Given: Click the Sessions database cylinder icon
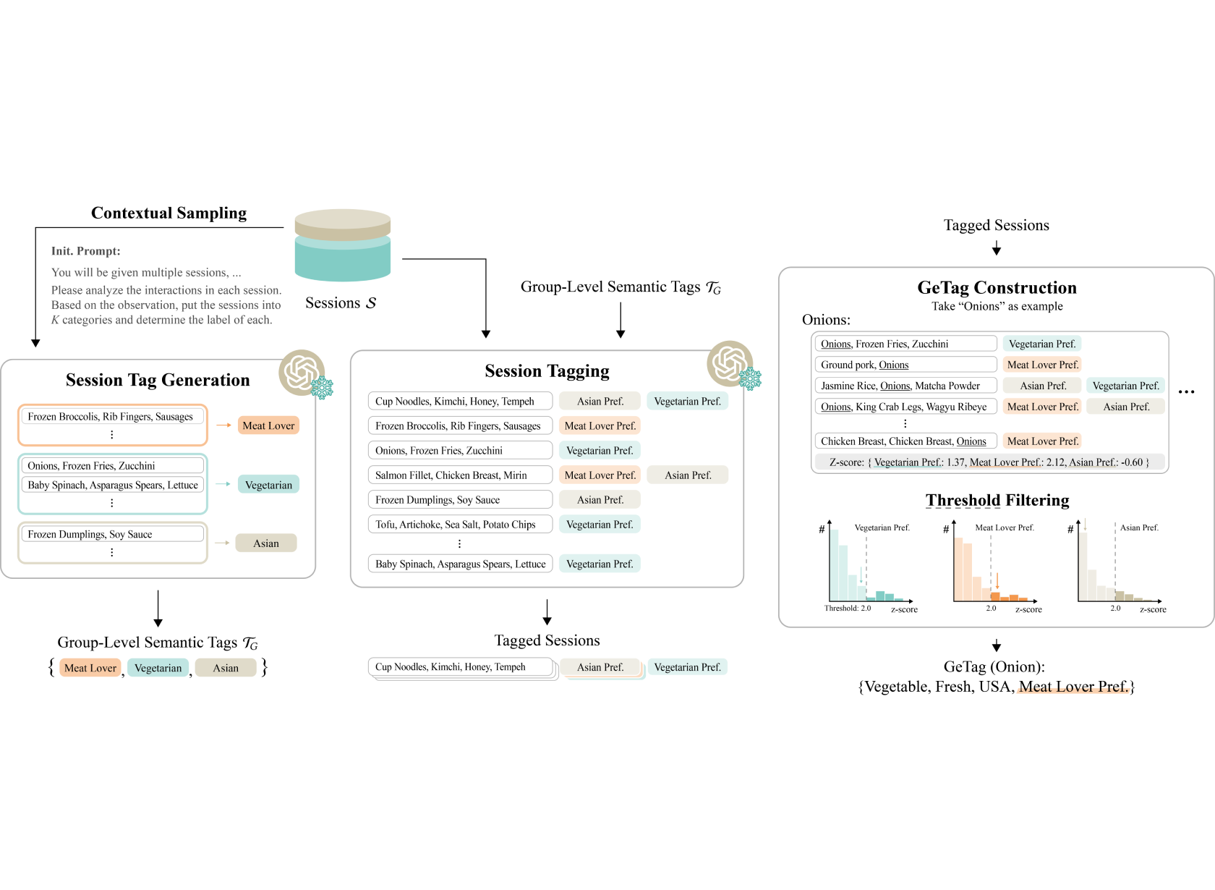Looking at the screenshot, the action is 342,245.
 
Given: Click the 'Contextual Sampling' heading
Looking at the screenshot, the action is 169,213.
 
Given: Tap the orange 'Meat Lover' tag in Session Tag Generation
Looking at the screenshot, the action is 268,425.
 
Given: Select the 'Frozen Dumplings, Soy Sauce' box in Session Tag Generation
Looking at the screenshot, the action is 112,534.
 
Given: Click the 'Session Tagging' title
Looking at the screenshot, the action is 547,370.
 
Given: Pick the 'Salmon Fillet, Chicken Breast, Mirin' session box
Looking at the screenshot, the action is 460,475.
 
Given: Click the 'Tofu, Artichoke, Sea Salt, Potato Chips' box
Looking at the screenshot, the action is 460,524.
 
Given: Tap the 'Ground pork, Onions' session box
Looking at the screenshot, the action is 905,365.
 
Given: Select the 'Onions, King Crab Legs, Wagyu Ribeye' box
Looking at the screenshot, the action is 905,407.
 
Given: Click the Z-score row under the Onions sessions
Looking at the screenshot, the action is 989,462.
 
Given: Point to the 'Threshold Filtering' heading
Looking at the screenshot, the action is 997,500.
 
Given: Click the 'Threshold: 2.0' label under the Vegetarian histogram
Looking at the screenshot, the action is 848,609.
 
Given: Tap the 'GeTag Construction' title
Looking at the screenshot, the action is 997,287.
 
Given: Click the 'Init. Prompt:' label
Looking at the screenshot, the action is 85,250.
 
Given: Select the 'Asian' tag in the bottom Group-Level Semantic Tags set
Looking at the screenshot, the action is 226,667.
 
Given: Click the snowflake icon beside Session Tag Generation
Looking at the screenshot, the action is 322,388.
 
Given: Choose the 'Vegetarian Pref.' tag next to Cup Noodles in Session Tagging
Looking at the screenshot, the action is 687,401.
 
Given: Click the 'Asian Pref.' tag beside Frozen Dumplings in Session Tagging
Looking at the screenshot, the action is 600,499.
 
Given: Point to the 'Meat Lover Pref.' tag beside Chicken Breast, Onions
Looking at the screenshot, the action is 1042,441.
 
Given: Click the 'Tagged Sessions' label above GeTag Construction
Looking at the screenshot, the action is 997,224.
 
